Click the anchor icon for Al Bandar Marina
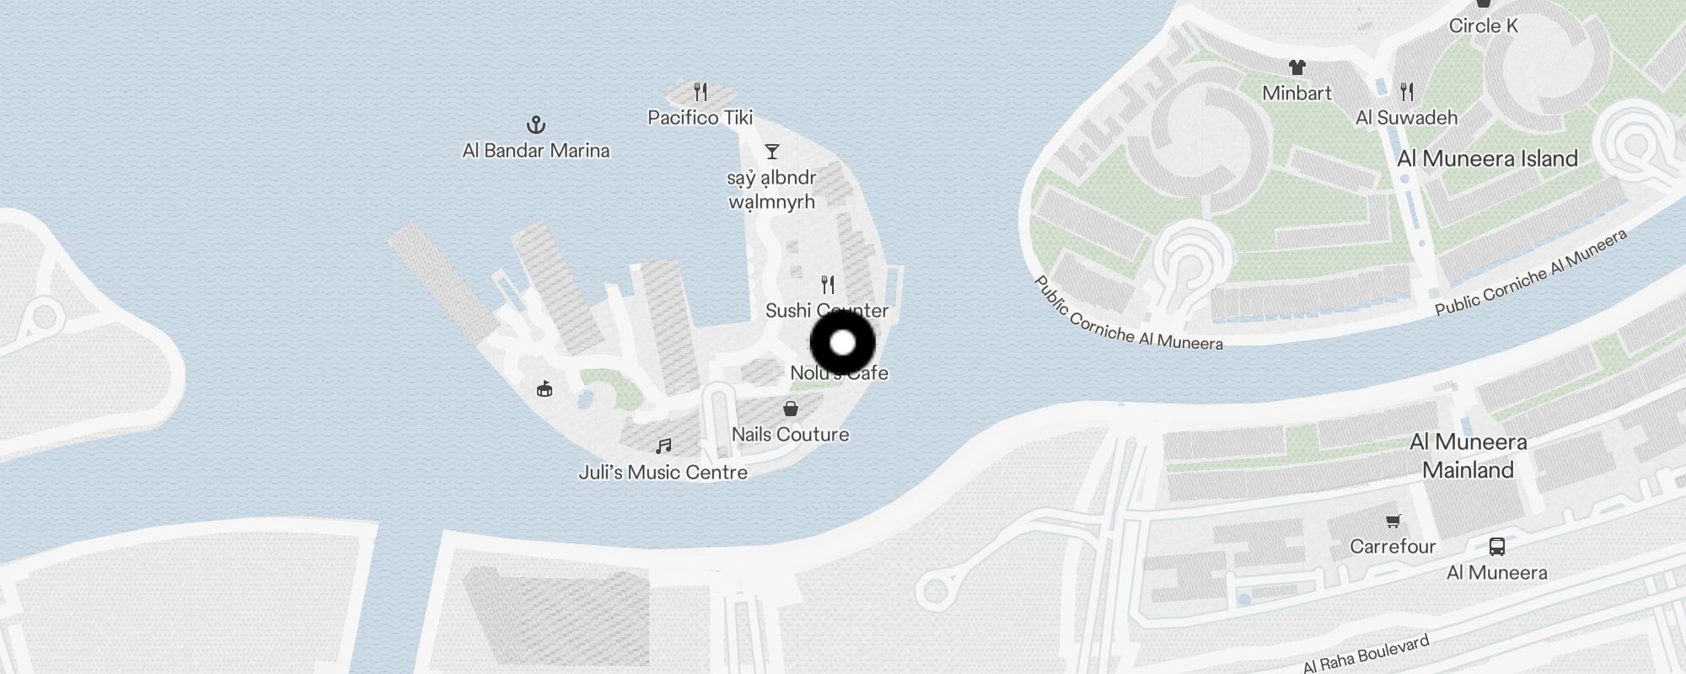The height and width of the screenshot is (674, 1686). (536, 126)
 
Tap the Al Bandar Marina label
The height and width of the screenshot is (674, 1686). (536, 151)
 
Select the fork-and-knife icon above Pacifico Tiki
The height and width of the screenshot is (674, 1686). (701, 91)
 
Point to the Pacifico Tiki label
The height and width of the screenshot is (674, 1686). (700, 118)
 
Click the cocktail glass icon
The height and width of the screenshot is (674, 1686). (771, 152)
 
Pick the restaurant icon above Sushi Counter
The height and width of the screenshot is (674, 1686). (828, 285)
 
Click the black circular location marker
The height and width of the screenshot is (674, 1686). (843, 344)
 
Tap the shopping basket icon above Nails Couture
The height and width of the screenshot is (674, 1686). (791, 409)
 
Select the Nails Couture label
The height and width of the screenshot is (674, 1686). (790, 435)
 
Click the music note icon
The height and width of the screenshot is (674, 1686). (664, 446)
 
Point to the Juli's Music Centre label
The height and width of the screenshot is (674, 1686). (663, 473)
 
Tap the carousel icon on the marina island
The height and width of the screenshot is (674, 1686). (545, 388)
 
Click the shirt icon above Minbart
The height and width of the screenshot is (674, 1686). (1297, 67)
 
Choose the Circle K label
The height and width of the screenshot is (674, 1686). (1483, 26)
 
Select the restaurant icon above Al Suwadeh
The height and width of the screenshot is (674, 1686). (1407, 91)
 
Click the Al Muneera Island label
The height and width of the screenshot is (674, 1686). (1487, 158)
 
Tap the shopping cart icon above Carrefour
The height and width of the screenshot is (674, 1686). (1393, 522)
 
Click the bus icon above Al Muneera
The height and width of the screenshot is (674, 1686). (1496, 547)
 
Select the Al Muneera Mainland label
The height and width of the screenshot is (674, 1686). (1468, 456)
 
